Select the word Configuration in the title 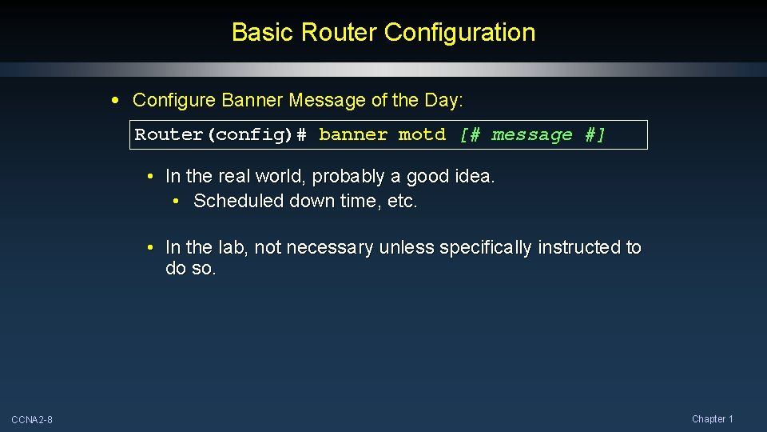pos(459,33)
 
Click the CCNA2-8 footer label pos(32,420)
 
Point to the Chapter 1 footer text pos(712,419)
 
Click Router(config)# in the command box pos(221,134)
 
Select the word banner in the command pos(353,134)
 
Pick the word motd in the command pos(422,134)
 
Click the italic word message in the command pos(532,134)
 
